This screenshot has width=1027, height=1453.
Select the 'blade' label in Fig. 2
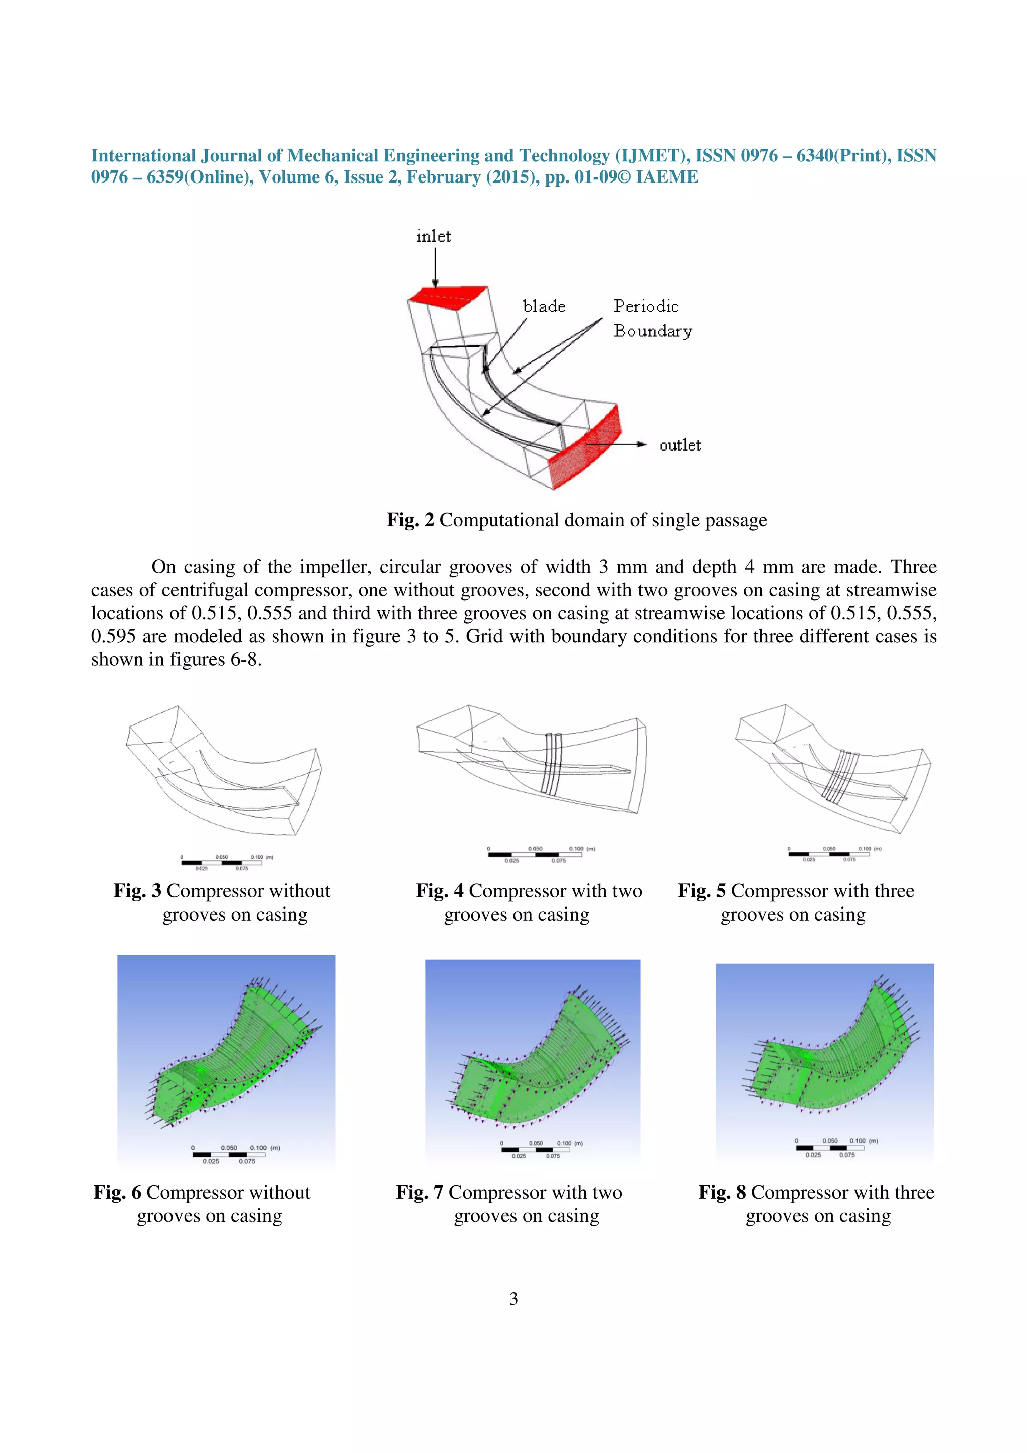click(x=544, y=307)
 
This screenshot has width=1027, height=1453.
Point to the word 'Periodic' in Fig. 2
click(x=645, y=307)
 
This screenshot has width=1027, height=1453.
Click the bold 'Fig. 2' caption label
click(x=410, y=520)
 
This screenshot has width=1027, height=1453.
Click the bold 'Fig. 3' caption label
click(x=137, y=891)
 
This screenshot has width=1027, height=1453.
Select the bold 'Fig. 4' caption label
click(x=439, y=891)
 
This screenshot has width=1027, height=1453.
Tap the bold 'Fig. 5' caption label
click(x=701, y=891)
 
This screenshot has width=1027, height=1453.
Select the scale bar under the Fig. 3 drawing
click(x=222, y=862)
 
